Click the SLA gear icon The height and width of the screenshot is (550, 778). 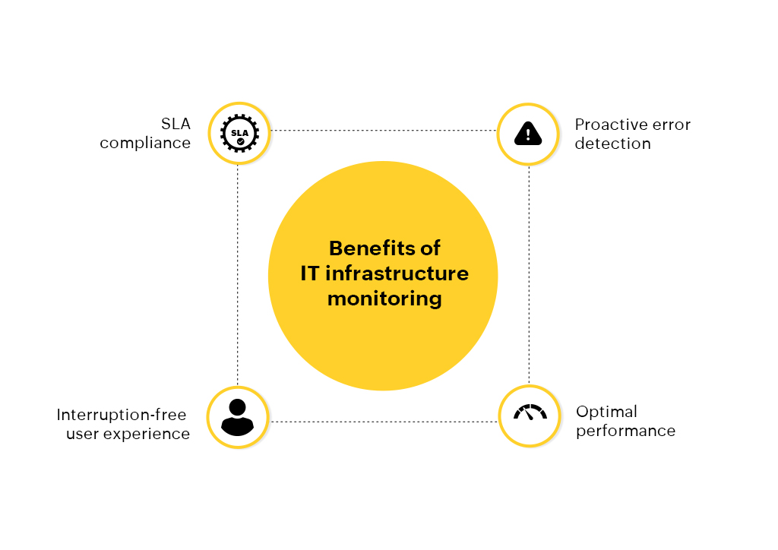click(x=239, y=133)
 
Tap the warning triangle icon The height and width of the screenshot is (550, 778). click(x=528, y=134)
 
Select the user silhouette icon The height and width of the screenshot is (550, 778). click(x=237, y=417)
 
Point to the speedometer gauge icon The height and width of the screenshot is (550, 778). click(x=530, y=412)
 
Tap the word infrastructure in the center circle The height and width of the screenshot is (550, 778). click(x=397, y=273)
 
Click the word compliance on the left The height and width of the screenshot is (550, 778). click(x=145, y=144)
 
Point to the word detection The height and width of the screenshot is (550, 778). click(x=613, y=144)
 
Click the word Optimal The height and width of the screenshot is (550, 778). click(x=606, y=412)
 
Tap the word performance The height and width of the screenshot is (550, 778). click(x=626, y=431)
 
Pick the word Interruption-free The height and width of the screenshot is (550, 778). click(x=122, y=415)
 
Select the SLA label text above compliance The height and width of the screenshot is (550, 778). click(x=176, y=124)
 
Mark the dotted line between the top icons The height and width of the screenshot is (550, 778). click(x=384, y=131)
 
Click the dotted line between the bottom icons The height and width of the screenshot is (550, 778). click(x=384, y=422)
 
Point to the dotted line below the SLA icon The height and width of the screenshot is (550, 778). click(x=238, y=275)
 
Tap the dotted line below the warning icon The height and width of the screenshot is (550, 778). click(x=529, y=275)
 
